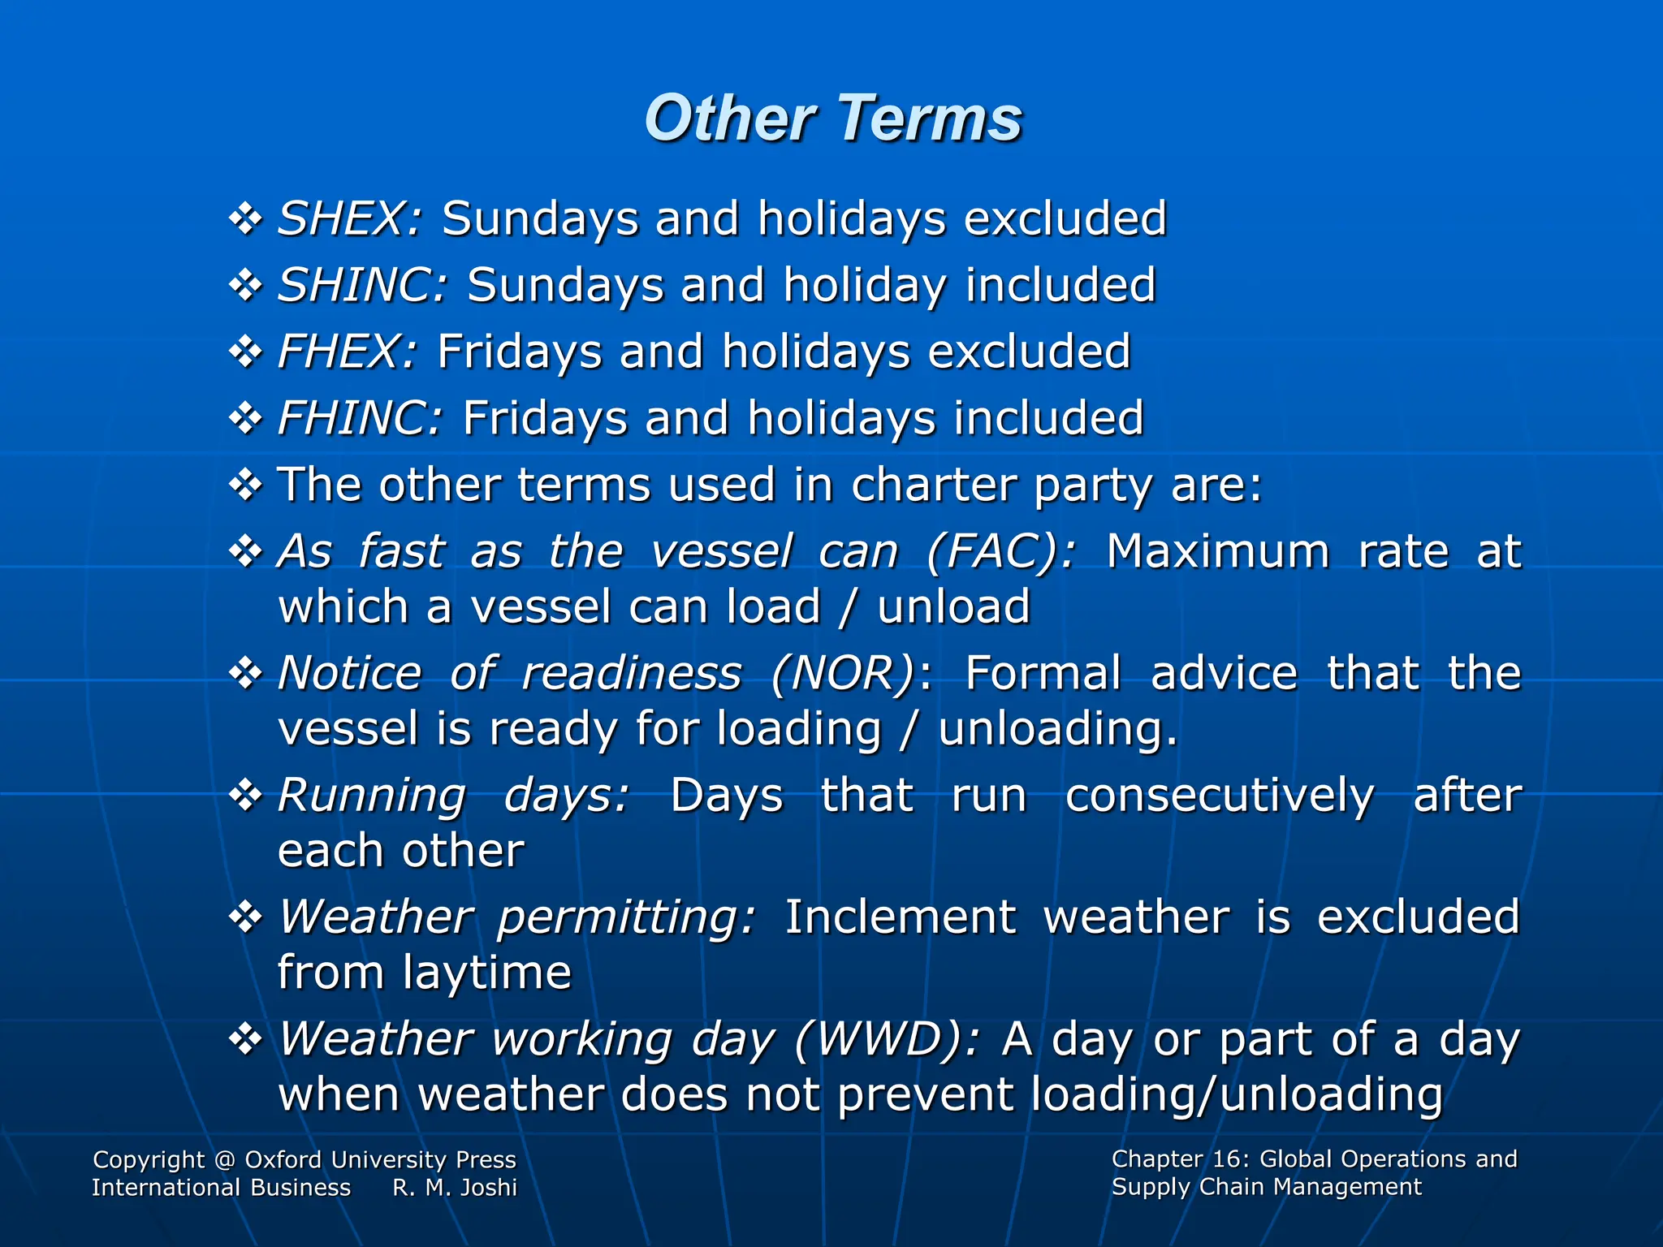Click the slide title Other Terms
point(832,119)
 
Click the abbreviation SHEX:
point(350,219)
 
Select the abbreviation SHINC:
point(362,286)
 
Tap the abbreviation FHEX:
point(348,352)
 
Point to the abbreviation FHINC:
point(360,419)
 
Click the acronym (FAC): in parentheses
point(1001,552)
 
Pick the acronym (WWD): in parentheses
point(887,1039)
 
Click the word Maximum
point(1218,552)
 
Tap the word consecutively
point(1220,796)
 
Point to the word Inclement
point(900,917)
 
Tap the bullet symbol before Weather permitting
point(245,917)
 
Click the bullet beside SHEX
point(245,218)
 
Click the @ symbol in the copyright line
point(225,1160)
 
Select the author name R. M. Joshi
point(455,1188)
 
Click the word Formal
point(1043,674)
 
